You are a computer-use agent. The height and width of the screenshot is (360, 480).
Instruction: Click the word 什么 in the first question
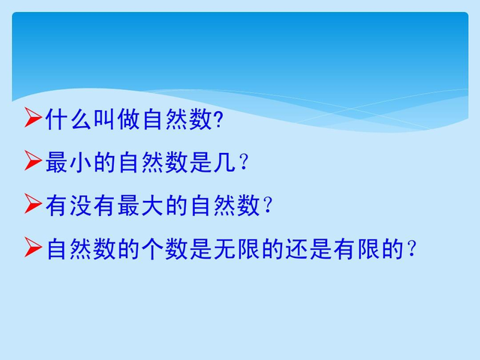coord(68,118)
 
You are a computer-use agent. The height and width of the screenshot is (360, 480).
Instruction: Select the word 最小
coord(68,161)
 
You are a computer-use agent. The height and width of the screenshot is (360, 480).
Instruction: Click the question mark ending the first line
coord(218,118)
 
